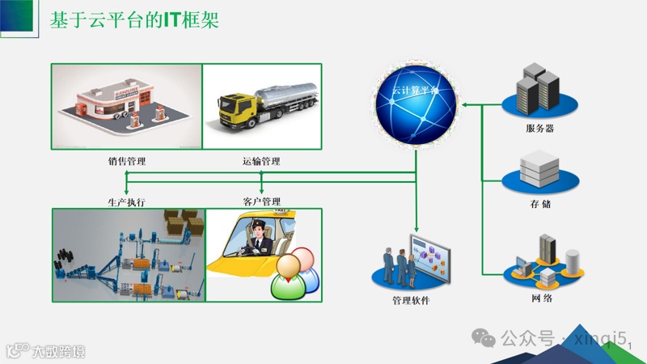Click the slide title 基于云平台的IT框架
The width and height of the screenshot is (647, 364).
pos(134,21)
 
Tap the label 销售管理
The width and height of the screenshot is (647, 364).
pos(126,162)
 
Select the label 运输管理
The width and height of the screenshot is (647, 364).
pos(260,162)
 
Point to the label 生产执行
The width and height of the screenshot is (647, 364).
pos(126,201)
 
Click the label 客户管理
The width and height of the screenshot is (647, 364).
pos(260,201)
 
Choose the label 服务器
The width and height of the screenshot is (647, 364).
pos(539,129)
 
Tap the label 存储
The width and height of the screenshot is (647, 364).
pos(540,204)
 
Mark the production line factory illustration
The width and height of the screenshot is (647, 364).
pos(128,254)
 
